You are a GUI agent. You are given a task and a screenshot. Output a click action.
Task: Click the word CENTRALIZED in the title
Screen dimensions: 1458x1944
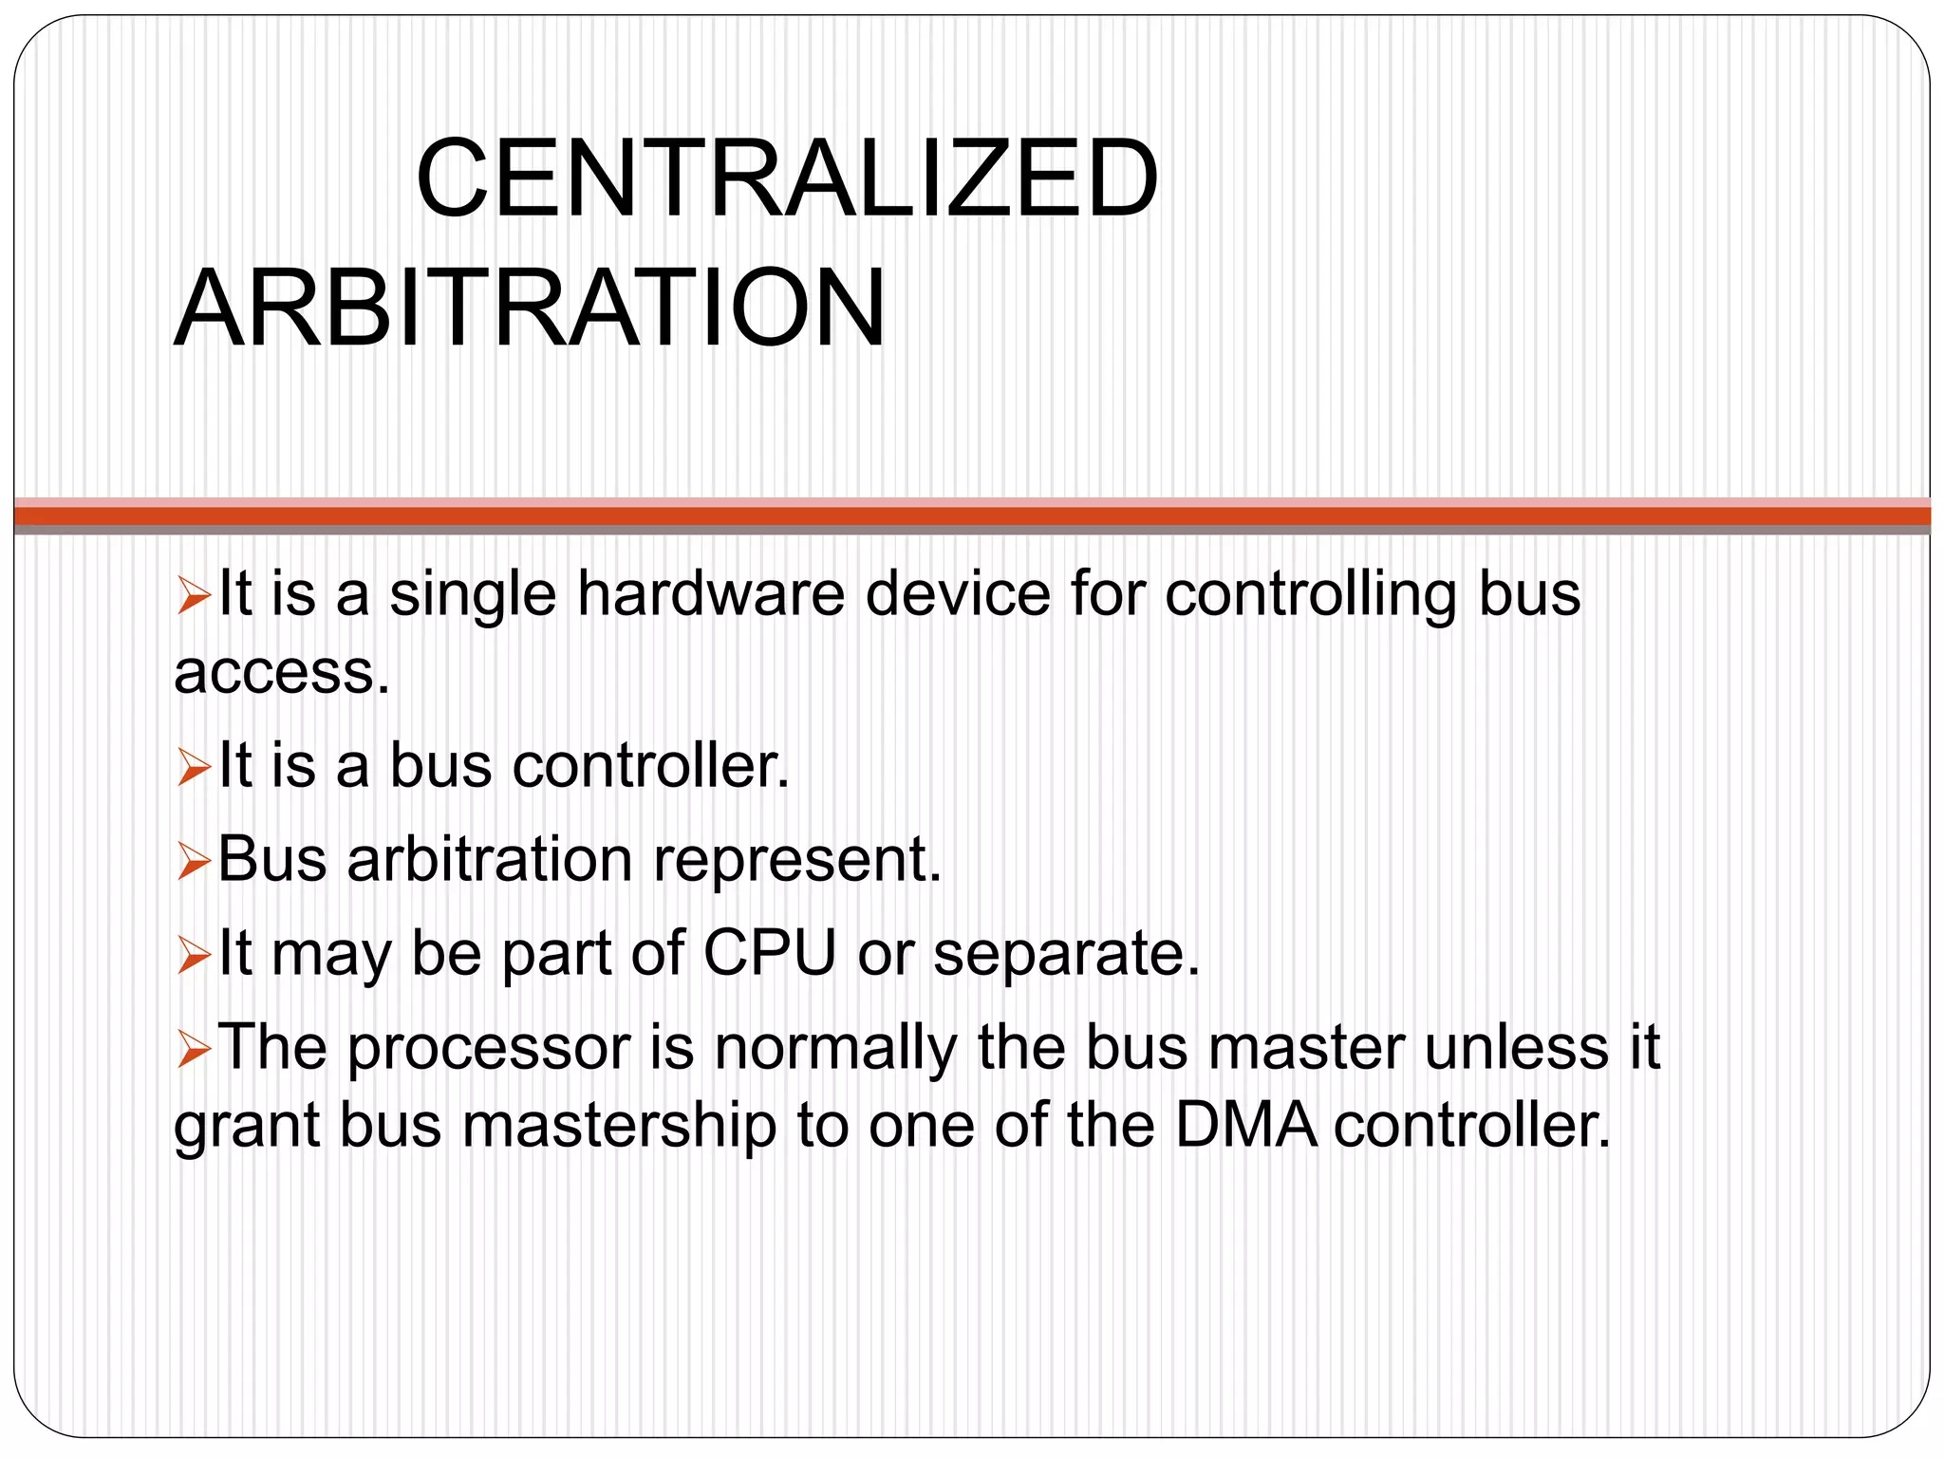click(787, 179)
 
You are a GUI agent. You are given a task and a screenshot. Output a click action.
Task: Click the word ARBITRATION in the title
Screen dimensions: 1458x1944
click(530, 309)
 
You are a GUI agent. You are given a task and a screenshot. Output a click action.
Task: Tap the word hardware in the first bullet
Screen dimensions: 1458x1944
click(710, 595)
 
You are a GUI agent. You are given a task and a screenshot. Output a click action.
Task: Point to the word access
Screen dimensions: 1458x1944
click(282, 673)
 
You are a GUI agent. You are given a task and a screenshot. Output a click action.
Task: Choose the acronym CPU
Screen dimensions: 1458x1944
click(770, 953)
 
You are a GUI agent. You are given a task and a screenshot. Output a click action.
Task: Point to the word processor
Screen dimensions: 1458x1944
click(489, 1050)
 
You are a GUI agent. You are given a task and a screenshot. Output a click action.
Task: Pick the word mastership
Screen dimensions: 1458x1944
click(620, 1127)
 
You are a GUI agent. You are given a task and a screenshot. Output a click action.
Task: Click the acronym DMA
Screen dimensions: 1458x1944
click(1246, 1126)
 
